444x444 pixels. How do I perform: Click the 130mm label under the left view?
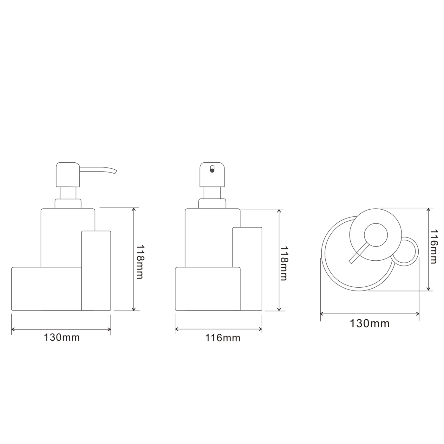62,338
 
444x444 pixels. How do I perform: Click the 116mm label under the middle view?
223,338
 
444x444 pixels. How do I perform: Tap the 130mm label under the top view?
369,323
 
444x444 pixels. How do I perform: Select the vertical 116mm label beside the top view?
433,246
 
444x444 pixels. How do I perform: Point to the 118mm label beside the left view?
140,262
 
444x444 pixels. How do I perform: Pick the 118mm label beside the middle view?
284,263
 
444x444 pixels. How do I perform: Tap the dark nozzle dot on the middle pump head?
212,171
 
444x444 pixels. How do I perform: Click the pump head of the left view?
68,174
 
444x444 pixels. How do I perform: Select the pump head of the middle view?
212,174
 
